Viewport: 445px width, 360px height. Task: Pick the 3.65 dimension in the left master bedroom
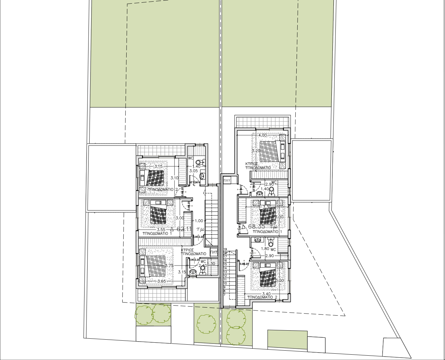[x=161, y=281]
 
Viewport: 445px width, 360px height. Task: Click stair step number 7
[x=225, y=295]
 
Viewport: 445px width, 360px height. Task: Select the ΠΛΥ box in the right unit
[x=228, y=179]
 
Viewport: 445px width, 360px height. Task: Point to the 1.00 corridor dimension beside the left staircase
[x=199, y=221]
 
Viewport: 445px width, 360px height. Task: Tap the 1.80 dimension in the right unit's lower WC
[x=265, y=249]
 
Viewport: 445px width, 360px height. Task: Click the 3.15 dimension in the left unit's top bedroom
[x=158, y=166]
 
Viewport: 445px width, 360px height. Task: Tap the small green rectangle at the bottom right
[x=287, y=340]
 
